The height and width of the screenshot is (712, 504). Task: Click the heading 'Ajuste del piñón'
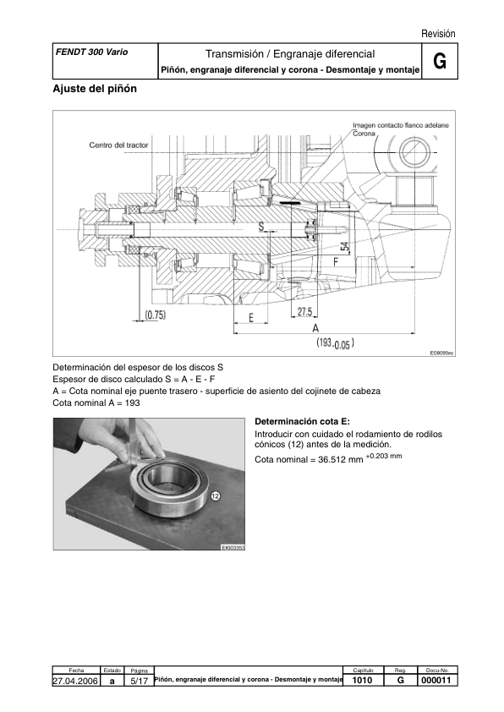pos(95,89)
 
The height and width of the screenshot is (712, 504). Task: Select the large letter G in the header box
pos(439,61)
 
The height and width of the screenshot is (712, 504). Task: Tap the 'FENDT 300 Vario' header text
pos(91,52)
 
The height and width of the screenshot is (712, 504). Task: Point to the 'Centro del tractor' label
pos(119,145)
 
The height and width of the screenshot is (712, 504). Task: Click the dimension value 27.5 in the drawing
pos(304,312)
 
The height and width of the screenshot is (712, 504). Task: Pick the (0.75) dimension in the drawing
pos(155,315)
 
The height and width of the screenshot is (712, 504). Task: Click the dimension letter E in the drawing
pos(251,317)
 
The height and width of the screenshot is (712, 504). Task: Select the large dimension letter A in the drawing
pos(315,327)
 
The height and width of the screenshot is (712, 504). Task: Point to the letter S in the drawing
pos(260,226)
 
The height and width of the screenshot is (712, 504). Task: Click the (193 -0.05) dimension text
pos(335,343)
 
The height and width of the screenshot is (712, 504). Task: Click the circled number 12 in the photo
pos(216,496)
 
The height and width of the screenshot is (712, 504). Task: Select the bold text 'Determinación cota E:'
pos(302,421)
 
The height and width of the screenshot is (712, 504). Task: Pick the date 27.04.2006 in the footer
pos(76,680)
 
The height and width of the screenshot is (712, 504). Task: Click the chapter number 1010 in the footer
pos(362,680)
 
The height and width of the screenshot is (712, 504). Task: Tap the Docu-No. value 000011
pos(438,680)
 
